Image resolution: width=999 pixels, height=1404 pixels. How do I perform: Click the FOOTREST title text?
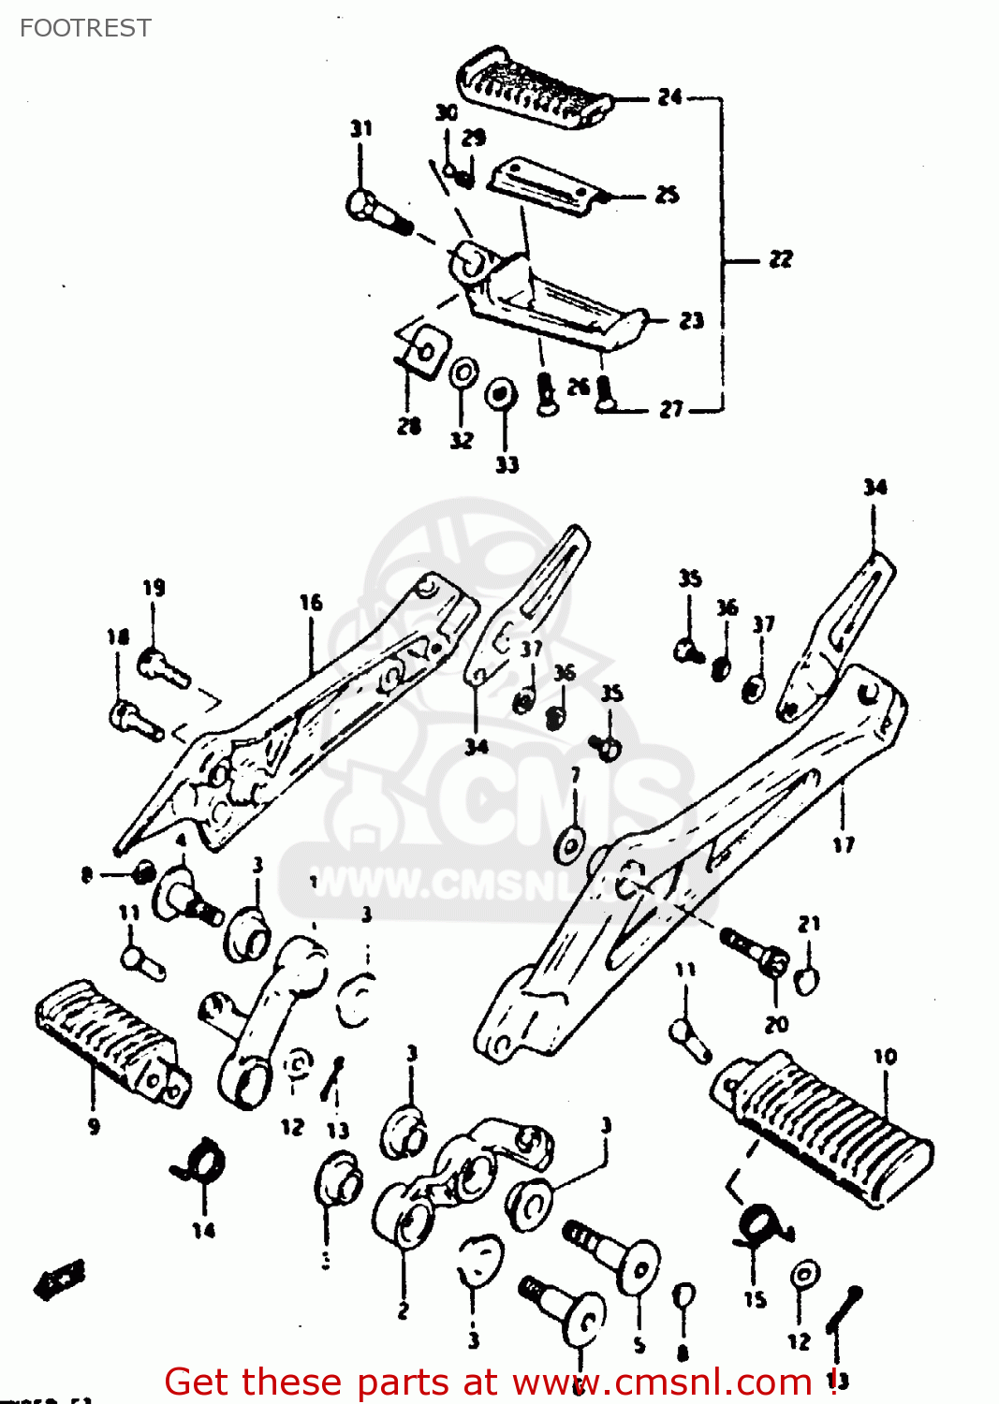point(85,28)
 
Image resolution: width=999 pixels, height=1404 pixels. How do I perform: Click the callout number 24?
point(669,96)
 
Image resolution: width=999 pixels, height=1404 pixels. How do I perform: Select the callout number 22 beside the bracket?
point(780,259)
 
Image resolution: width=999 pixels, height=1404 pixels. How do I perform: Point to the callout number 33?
point(507,464)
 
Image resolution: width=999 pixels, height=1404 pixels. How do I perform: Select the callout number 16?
point(311,603)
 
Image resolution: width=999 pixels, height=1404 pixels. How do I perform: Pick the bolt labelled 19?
point(164,666)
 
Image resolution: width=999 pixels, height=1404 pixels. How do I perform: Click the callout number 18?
point(118,637)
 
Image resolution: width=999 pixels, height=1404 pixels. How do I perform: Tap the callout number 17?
point(843,845)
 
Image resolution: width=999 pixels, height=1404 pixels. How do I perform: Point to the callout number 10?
point(885,1057)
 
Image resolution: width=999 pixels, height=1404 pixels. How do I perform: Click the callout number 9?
point(94,1126)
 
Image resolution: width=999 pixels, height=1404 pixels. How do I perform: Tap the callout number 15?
point(755,1299)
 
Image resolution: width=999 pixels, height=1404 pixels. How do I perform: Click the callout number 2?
point(403,1310)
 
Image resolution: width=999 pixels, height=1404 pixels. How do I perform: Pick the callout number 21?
point(809,924)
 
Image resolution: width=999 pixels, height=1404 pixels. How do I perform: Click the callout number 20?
point(776,1024)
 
